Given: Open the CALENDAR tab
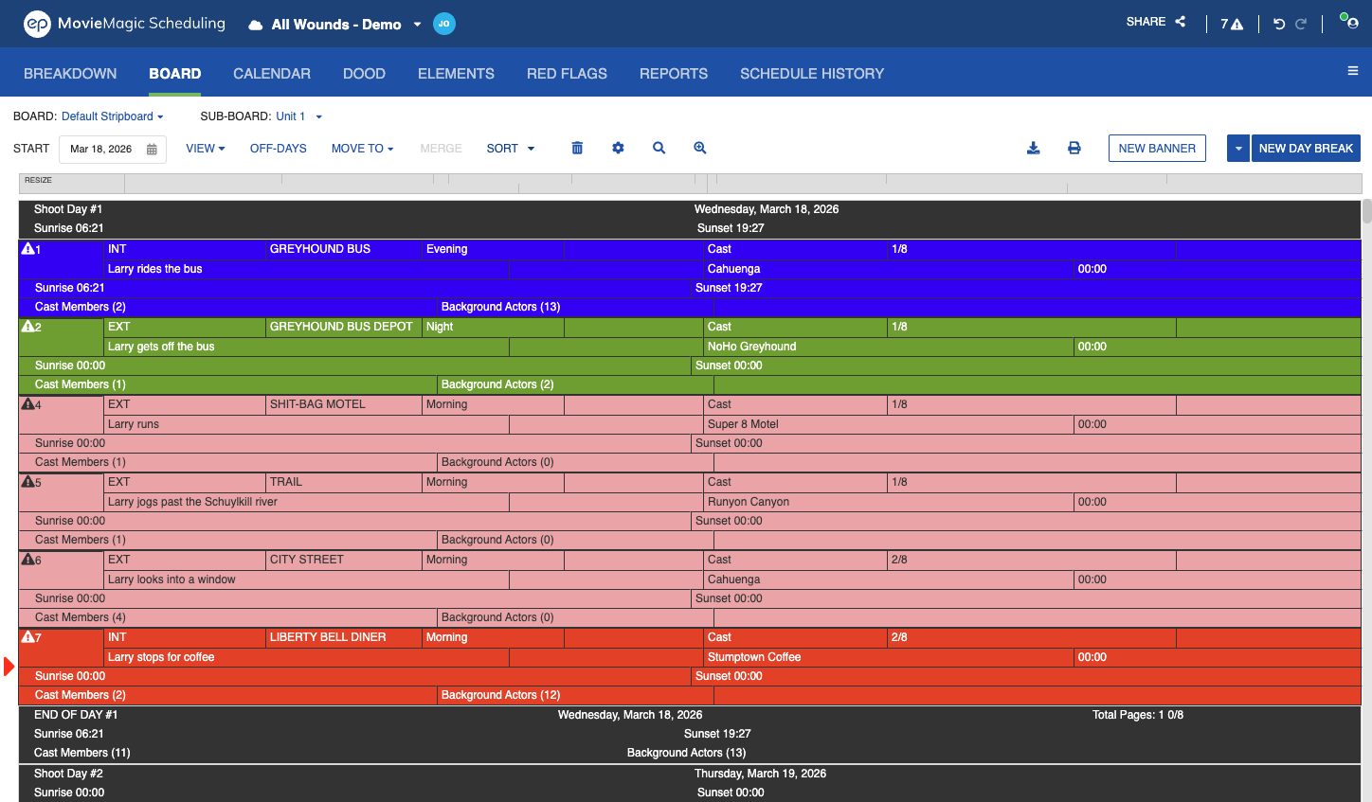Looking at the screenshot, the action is click(x=271, y=74).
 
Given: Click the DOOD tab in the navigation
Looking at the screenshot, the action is click(x=364, y=74).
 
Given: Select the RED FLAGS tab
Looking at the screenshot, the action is click(x=567, y=74).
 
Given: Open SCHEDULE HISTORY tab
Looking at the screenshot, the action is click(x=812, y=74).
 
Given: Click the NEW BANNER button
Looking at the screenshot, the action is click(x=1157, y=148).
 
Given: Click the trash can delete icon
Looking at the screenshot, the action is click(x=577, y=148).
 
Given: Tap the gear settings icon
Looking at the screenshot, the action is click(x=618, y=148).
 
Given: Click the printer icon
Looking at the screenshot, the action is click(x=1074, y=148).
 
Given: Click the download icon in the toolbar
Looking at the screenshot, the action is click(x=1034, y=148).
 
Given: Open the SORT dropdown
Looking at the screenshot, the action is click(x=510, y=148).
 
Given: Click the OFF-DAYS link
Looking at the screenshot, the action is click(x=278, y=148).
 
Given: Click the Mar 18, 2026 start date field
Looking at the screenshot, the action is click(x=113, y=149).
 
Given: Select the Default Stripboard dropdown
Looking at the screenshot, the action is click(x=112, y=116).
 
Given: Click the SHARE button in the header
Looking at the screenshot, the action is click(x=1155, y=22).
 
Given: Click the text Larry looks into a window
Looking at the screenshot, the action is click(x=171, y=579).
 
